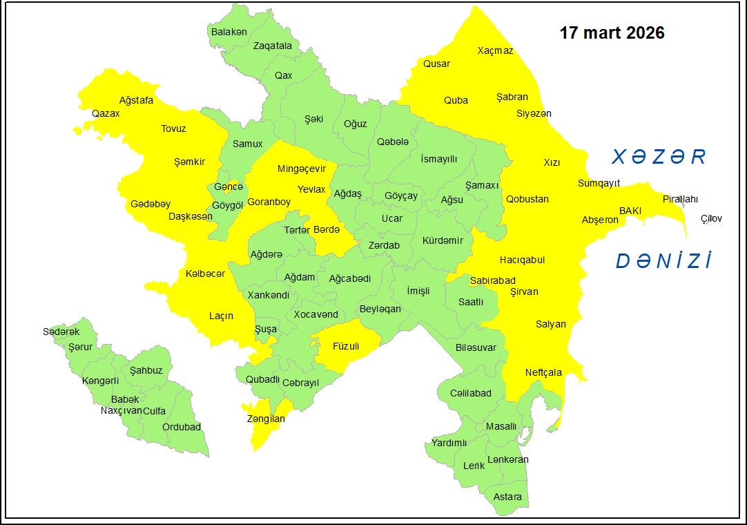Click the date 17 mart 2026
612,33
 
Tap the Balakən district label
229,32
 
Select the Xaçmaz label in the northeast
496,50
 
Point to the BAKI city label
630,210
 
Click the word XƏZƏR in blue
659,157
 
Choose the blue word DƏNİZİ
663,261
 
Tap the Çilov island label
711,218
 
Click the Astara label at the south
507,497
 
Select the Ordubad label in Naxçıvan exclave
181,427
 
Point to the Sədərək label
61,332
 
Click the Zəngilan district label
266,419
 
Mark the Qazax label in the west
106,113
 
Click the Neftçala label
543,372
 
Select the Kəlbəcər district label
205,274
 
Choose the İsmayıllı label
439,159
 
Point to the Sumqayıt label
599,183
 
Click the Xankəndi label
269,295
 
